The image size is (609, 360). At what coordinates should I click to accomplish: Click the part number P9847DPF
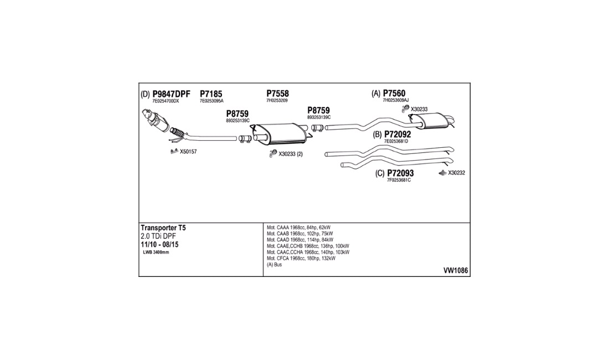pos(171,94)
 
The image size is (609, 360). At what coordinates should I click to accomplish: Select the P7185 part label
pos(211,94)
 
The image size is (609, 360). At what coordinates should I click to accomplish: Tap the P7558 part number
pos(277,94)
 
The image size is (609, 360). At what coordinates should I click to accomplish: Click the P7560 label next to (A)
pos(394,93)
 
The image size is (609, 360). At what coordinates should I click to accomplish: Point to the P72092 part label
pos(398,135)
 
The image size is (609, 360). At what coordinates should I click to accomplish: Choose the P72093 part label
pos(400,173)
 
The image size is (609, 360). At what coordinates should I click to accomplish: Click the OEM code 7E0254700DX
pos(166,101)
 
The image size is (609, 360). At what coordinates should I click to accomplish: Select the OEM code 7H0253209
pos(277,101)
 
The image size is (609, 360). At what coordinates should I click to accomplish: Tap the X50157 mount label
pos(188,152)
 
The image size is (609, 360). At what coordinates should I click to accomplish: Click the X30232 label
pos(456,173)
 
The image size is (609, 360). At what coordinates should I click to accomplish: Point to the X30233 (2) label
pos(291,154)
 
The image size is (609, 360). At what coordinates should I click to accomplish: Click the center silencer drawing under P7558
pos(281,132)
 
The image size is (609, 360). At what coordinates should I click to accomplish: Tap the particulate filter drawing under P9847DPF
pos(156,121)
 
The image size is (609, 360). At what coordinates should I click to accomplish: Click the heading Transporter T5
pos(163,228)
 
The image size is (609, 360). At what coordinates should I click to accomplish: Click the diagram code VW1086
pos(456,271)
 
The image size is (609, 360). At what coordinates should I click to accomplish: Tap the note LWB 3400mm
pos(156,253)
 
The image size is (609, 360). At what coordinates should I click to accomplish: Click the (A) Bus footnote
pos(274,265)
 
